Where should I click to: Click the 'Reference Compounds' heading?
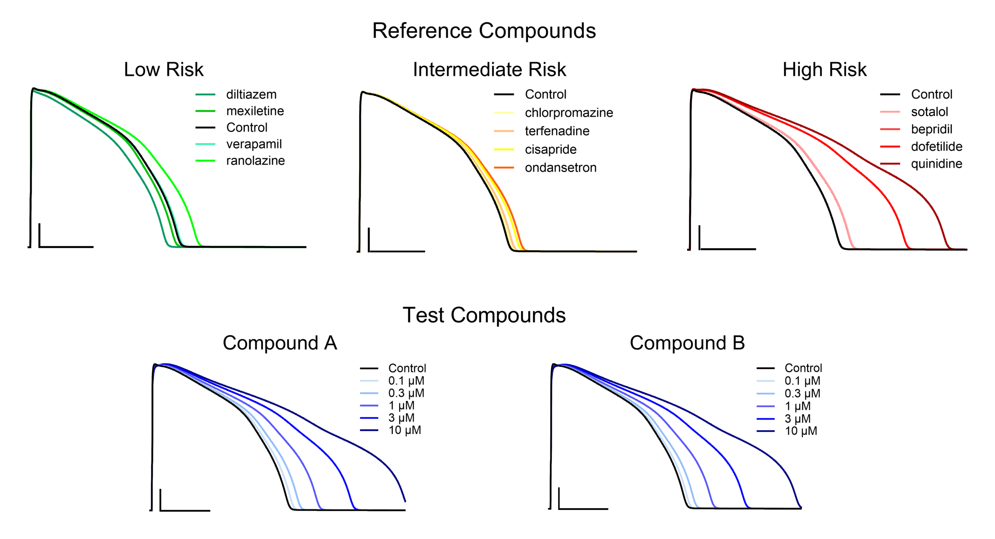click(x=484, y=31)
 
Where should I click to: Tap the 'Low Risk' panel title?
click(x=164, y=70)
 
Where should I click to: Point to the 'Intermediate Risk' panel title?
click(x=489, y=70)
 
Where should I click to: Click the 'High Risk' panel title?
click(x=824, y=70)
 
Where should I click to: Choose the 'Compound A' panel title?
click(x=280, y=343)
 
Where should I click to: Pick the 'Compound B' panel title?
click(x=687, y=343)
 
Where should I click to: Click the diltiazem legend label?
click(x=251, y=94)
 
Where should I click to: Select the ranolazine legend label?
click(x=255, y=160)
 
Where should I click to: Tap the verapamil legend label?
click(x=254, y=144)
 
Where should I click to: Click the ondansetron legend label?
click(x=560, y=167)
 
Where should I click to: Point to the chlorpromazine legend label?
click(x=569, y=113)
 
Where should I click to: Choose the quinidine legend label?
click(x=937, y=164)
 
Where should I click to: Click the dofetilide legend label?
click(x=937, y=147)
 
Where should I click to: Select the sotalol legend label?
click(x=930, y=112)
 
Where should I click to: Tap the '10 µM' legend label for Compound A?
click(x=405, y=430)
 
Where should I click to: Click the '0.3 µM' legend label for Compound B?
click(x=802, y=394)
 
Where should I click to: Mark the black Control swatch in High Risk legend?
click(x=890, y=94)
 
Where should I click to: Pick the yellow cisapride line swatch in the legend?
click(x=504, y=149)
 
